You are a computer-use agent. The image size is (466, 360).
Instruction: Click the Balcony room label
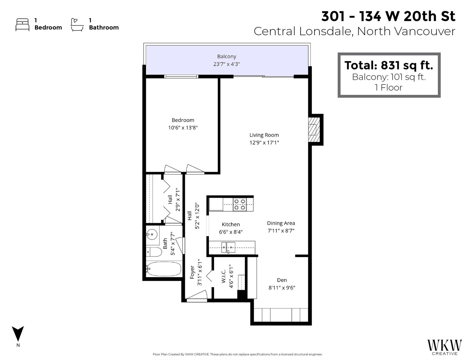click(227, 56)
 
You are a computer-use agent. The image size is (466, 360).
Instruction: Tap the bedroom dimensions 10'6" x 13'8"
click(183, 128)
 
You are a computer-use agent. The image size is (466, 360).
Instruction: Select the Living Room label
click(264, 135)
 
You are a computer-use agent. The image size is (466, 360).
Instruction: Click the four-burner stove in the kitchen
click(239, 204)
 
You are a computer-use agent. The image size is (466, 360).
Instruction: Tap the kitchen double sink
click(228, 247)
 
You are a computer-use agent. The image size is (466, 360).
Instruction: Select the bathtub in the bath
click(164, 269)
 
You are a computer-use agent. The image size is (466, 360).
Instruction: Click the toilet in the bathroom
click(154, 252)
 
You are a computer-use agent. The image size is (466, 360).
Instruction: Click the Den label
click(282, 280)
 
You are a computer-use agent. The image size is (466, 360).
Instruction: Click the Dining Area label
click(281, 223)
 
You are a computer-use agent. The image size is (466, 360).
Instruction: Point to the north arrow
click(18, 334)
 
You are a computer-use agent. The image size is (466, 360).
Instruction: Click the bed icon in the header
click(22, 25)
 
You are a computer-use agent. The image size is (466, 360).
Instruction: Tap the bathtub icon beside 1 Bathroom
click(77, 25)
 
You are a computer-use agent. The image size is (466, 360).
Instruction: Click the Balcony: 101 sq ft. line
click(389, 77)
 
